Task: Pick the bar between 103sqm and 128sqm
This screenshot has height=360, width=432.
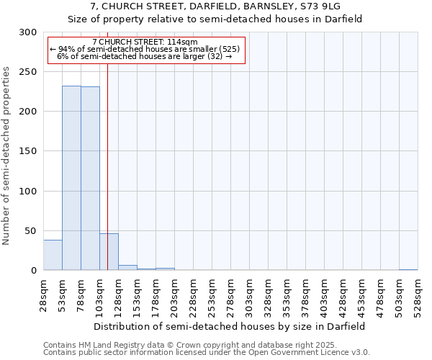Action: pos(109,252)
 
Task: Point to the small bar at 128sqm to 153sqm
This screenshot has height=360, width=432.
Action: pos(127,267)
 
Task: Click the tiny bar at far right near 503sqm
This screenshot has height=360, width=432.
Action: pos(408,269)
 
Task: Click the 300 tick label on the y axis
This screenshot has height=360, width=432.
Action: pos(28,32)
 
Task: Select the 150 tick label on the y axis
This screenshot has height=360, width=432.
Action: pos(28,151)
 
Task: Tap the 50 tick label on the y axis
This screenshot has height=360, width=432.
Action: pos(31,231)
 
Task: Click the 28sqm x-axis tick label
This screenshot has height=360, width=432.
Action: pos(44,294)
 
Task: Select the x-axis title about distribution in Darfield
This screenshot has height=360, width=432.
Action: pos(230,326)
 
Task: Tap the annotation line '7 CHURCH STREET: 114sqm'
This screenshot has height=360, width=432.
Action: pos(145,42)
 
